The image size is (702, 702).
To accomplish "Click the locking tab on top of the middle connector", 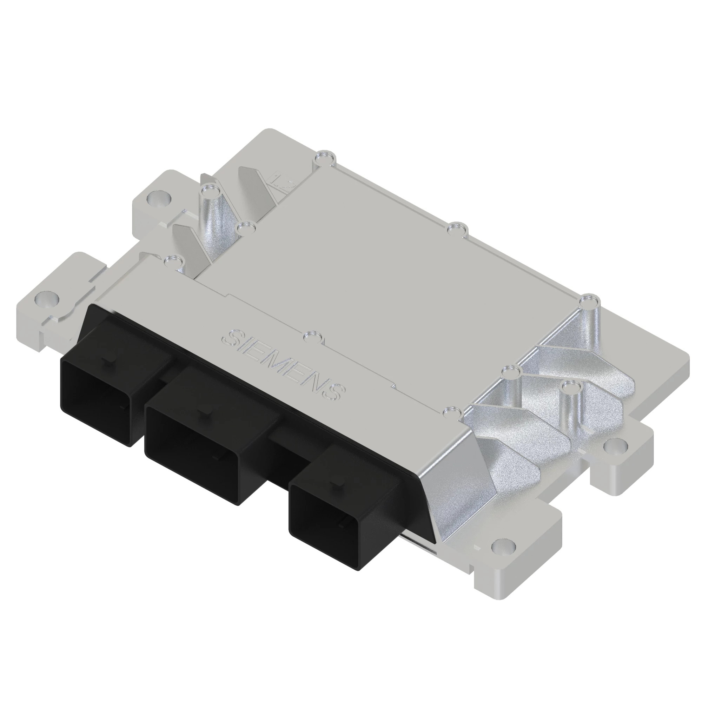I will click(209, 412).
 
